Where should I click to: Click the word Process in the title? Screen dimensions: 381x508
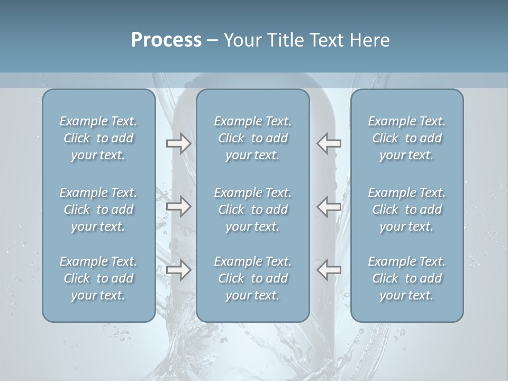click(166, 40)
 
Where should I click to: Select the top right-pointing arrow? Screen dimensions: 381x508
click(178, 143)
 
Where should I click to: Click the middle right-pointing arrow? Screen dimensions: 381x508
click(178, 207)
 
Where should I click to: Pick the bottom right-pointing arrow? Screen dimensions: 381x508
click(178, 270)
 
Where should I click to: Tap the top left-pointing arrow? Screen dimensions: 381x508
click(329, 143)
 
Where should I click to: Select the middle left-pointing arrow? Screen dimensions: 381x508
click(329, 207)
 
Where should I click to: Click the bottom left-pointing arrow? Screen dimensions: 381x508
click(329, 270)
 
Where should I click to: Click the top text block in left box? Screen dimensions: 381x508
click(98, 138)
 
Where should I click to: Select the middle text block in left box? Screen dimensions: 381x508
click(98, 210)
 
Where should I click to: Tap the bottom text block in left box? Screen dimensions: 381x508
click(98, 278)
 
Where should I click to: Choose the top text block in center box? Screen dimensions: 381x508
click(253, 138)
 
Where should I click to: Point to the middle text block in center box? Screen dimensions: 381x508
click(253, 210)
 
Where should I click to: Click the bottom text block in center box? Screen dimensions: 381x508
click(253, 278)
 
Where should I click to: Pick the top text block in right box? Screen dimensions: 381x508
click(407, 138)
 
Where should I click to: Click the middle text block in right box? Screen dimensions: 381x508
click(407, 210)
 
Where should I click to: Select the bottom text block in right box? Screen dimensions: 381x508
click(407, 278)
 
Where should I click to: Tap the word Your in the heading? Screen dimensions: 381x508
click(241, 40)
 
